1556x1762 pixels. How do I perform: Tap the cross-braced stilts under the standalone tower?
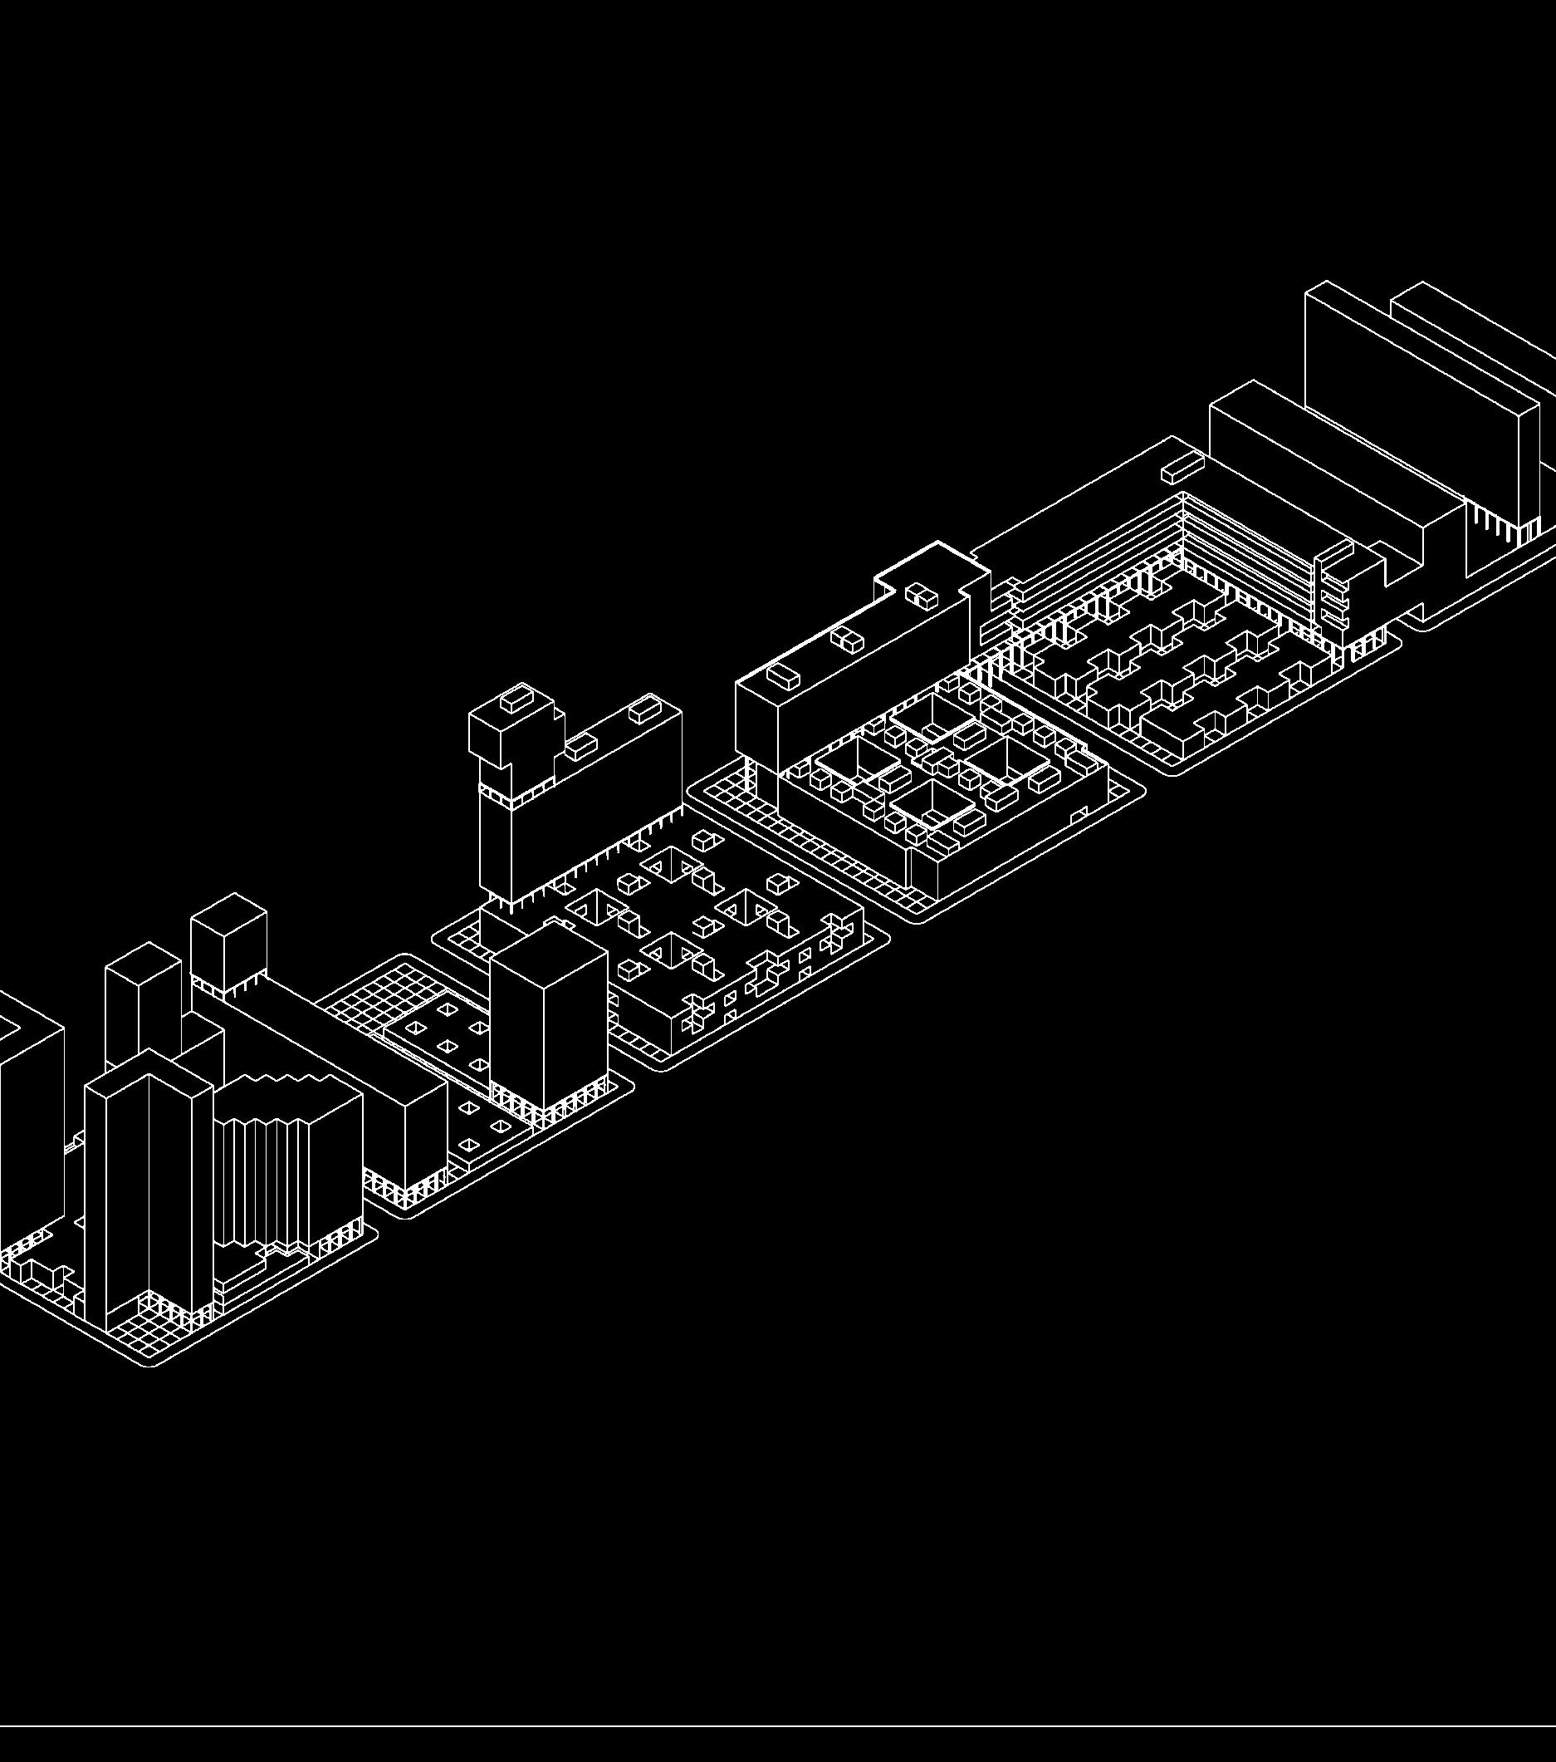(551, 1104)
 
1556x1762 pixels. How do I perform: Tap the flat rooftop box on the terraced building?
(1181, 471)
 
